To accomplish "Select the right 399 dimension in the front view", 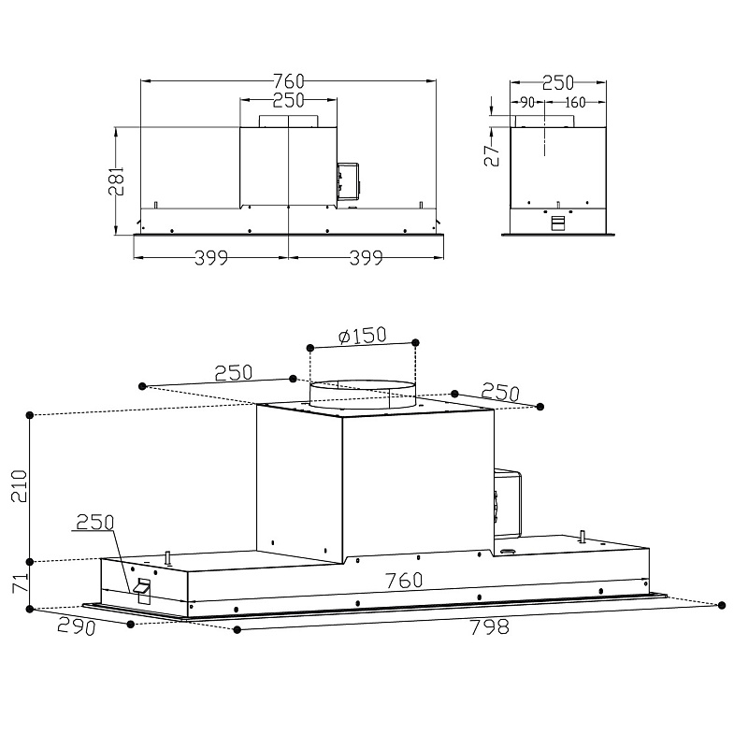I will pyautogui.click(x=366, y=259).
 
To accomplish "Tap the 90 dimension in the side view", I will pyautogui.click(x=526, y=103).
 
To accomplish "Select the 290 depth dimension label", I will pyautogui.click(x=77, y=626).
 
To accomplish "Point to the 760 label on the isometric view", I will pyautogui.click(x=403, y=581).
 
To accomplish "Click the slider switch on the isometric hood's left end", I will pyautogui.click(x=143, y=588).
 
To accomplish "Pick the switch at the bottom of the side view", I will pyautogui.click(x=558, y=223).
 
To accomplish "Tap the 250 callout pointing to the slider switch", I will pyautogui.click(x=95, y=522).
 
